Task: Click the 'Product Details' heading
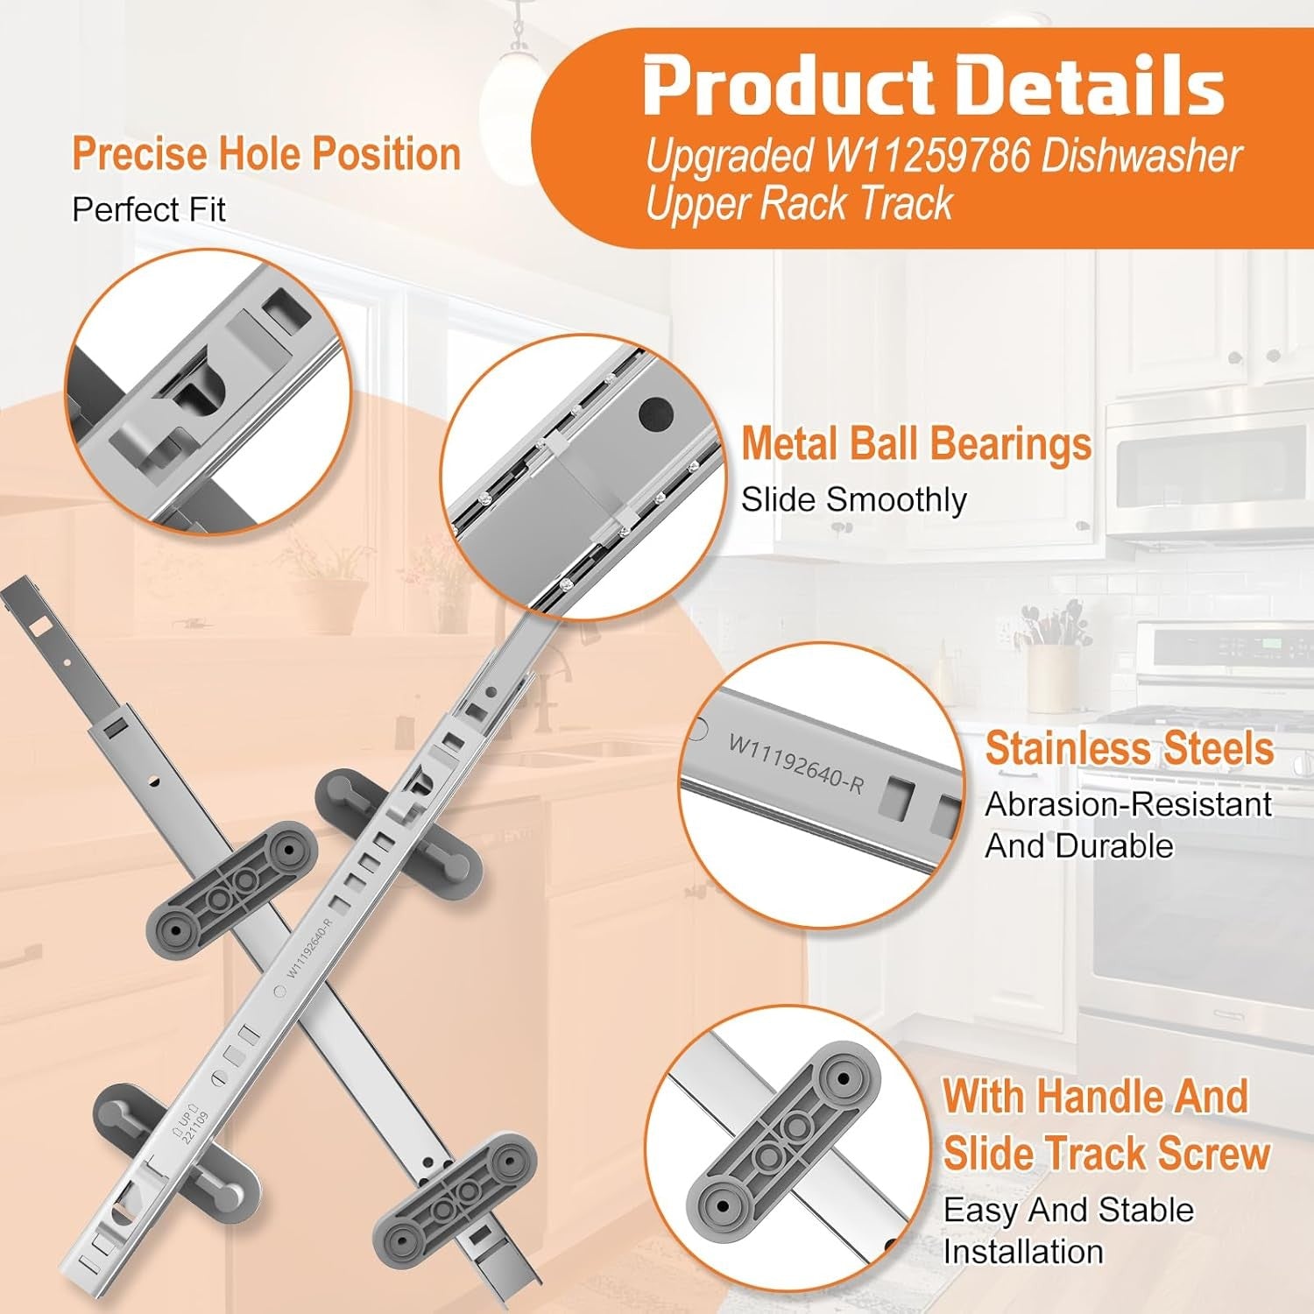click(934, 85)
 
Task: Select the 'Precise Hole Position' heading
click(266, 154)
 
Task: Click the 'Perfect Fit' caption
click(149, 209)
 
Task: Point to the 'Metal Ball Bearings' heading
click(916, 443)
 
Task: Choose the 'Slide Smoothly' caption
click(854, 499)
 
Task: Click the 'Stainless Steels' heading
click(1129, 748)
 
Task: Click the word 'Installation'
click(1023, 1252)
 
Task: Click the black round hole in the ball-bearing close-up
click(656, 413)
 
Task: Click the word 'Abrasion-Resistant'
click(1128, 804)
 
